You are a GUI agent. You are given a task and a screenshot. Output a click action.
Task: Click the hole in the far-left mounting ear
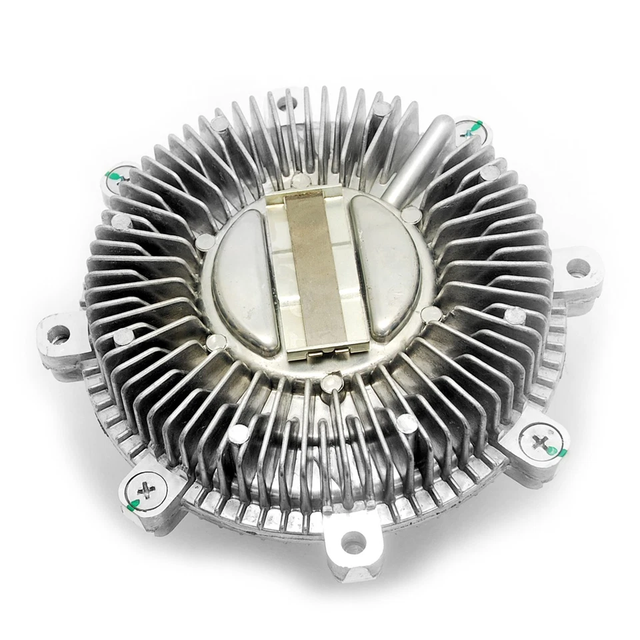coord(59,331)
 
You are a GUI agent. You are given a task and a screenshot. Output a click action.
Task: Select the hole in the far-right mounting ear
coord(577,269)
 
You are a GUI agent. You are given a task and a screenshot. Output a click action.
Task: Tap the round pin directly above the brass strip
coord(301,179)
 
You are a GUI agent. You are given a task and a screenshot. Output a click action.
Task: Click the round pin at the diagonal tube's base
coord(412,214)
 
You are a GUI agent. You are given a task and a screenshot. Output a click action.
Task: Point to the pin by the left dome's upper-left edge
coord(205,240)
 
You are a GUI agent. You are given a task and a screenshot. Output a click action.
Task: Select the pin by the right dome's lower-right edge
coord(431,314)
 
